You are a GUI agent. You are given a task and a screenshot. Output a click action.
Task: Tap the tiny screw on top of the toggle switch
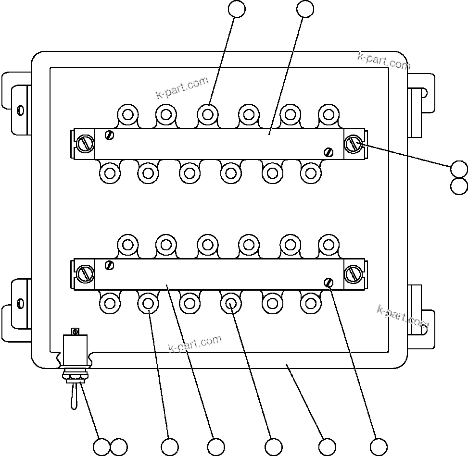coord(75,331)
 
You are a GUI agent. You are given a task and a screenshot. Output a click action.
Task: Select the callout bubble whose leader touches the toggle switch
coord(101,447)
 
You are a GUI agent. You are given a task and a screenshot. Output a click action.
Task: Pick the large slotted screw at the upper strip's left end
coord(86,144)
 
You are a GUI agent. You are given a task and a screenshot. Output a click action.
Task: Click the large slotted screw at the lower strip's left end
coord(86,274)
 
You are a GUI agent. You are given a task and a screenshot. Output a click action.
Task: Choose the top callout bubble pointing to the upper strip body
coord(305,8)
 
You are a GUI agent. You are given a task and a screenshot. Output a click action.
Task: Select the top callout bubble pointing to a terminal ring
coord(236,8)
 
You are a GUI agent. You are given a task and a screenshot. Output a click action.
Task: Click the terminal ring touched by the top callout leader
coord(208,114)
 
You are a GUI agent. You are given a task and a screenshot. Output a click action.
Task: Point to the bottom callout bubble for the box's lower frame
coord(327,447)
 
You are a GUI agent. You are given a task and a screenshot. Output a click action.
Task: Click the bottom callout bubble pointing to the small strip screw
coord(379,447)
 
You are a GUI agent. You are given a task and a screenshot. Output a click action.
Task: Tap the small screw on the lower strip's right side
coord(329,283)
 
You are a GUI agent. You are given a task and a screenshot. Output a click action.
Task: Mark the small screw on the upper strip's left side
coord(110,135)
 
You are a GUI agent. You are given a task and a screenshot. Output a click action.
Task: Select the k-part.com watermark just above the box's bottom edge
coord(195,344)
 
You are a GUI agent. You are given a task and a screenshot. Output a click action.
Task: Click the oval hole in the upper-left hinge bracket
coord(20,110)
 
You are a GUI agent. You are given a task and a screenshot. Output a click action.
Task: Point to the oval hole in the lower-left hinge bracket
coord(20,303)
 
